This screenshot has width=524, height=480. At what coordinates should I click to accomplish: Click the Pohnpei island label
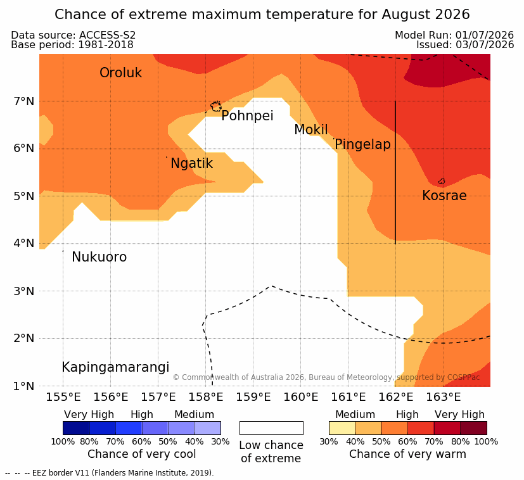click(x=247, y=116)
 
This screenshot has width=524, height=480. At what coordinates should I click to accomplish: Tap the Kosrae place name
click(x=444, y=196)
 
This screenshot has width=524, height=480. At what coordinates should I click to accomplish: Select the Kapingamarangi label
click(x=115, y=367)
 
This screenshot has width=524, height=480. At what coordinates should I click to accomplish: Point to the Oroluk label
click(x=120, y=72)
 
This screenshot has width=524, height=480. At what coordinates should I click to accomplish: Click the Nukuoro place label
click(x=99, y=257)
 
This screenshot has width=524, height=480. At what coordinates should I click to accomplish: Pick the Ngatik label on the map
click(x=191, y=163)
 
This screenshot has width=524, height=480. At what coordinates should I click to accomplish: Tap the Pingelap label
click(x=362, y=144)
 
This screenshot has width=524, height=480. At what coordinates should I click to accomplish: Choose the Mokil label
click(x=311, y=130)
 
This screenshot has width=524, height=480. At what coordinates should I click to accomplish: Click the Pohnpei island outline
click(x=216, y=106)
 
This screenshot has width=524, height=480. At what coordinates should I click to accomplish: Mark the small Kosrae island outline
click(x=442, y=181)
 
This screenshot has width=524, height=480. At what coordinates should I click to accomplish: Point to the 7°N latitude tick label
click(x=24, y=101)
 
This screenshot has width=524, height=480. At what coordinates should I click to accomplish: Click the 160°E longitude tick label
click(x=301, y=397)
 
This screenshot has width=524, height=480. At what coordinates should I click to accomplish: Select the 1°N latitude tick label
click(x=24, y=386)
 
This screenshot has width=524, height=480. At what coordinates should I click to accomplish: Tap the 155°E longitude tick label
click(x=63, y=397)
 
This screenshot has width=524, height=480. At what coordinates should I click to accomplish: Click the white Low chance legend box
click(x=271, y=428)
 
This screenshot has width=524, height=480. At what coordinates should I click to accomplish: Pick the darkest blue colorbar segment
click(x=76, y=428)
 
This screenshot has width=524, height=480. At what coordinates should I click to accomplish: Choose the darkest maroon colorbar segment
click(x=473, y=428)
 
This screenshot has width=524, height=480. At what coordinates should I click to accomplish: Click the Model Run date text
click(x=454, y=35)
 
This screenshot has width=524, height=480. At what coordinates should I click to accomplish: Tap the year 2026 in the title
click(x=452, y=15)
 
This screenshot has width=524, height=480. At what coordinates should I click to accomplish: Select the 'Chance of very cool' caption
click(x=142, y=454)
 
